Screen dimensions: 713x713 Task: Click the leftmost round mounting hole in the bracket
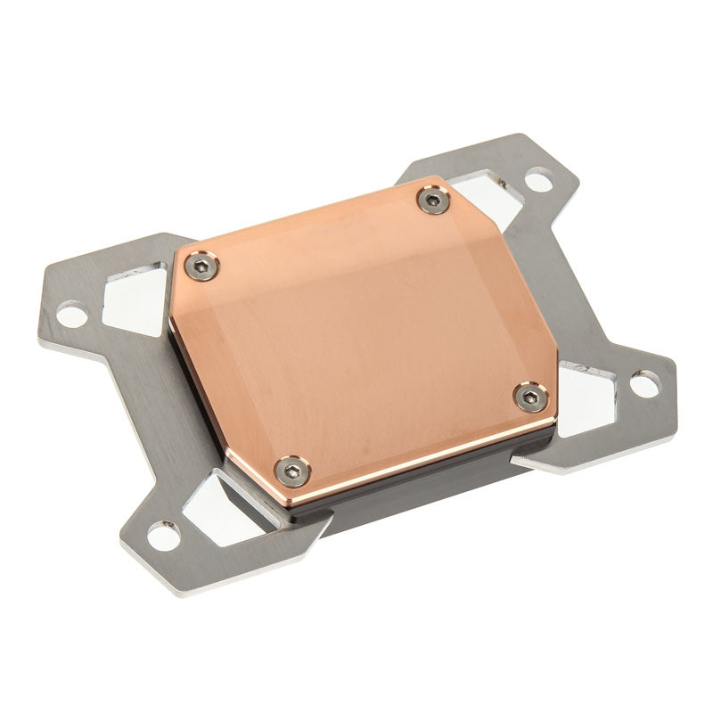coord(70,313)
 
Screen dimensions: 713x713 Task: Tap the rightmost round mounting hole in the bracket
coord(643,385)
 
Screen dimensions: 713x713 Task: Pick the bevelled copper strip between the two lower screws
coord(410,437)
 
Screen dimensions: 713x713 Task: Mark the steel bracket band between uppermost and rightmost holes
coord(570,267)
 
